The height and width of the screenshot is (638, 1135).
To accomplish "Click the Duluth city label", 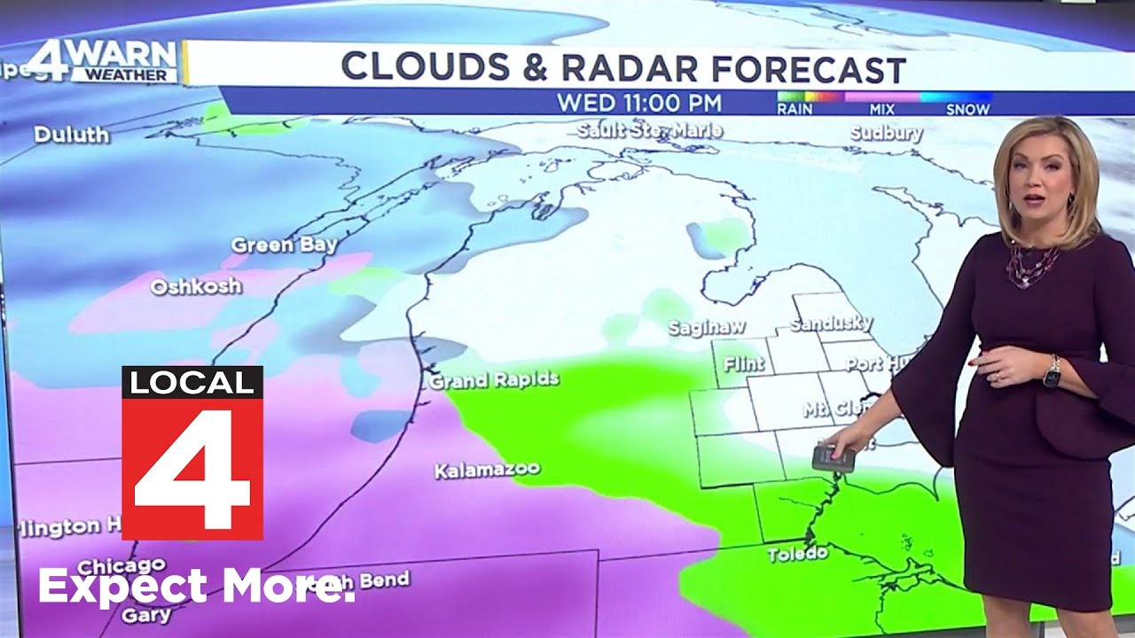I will pos(72,136).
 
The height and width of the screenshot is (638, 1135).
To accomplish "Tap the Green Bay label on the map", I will pos(284,245).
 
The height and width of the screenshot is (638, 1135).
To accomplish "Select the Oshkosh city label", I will pos(196,287).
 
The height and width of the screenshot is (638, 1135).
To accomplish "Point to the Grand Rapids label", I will pos(494,381).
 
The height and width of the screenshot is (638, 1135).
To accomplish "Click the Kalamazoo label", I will pos(487,469).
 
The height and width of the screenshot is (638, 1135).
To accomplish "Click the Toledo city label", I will pos(798,554).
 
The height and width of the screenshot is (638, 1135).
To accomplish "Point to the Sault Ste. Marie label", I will pos(649,131).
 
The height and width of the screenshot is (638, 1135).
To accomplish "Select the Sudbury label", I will pos(886,134).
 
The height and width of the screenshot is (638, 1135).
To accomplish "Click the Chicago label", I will pos(121,565).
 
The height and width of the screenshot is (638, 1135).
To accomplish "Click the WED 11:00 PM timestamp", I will pos(638,103).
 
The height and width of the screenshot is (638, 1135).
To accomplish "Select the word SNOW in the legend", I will pos(967,110).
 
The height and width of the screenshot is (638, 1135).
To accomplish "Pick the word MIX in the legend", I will pos(882,110).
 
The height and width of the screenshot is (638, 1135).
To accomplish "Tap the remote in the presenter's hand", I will pos(834,458).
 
